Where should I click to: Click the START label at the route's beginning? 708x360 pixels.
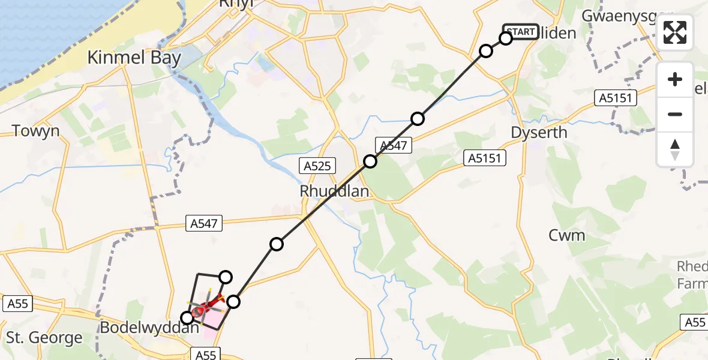tap(520, 31)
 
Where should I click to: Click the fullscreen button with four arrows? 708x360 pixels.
tap(675, 32)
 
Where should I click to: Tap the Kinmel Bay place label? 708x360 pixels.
tap(126, 58)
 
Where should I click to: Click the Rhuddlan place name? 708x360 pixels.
tap(334, 191)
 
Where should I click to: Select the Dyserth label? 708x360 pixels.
tap(539, 132)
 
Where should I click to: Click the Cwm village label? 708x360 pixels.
tap(566, 235)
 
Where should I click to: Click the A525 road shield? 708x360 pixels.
tap(317, 166)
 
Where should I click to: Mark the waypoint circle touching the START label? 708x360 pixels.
tap(506, 38)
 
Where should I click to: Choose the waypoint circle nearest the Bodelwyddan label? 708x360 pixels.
tap(188, 317)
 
